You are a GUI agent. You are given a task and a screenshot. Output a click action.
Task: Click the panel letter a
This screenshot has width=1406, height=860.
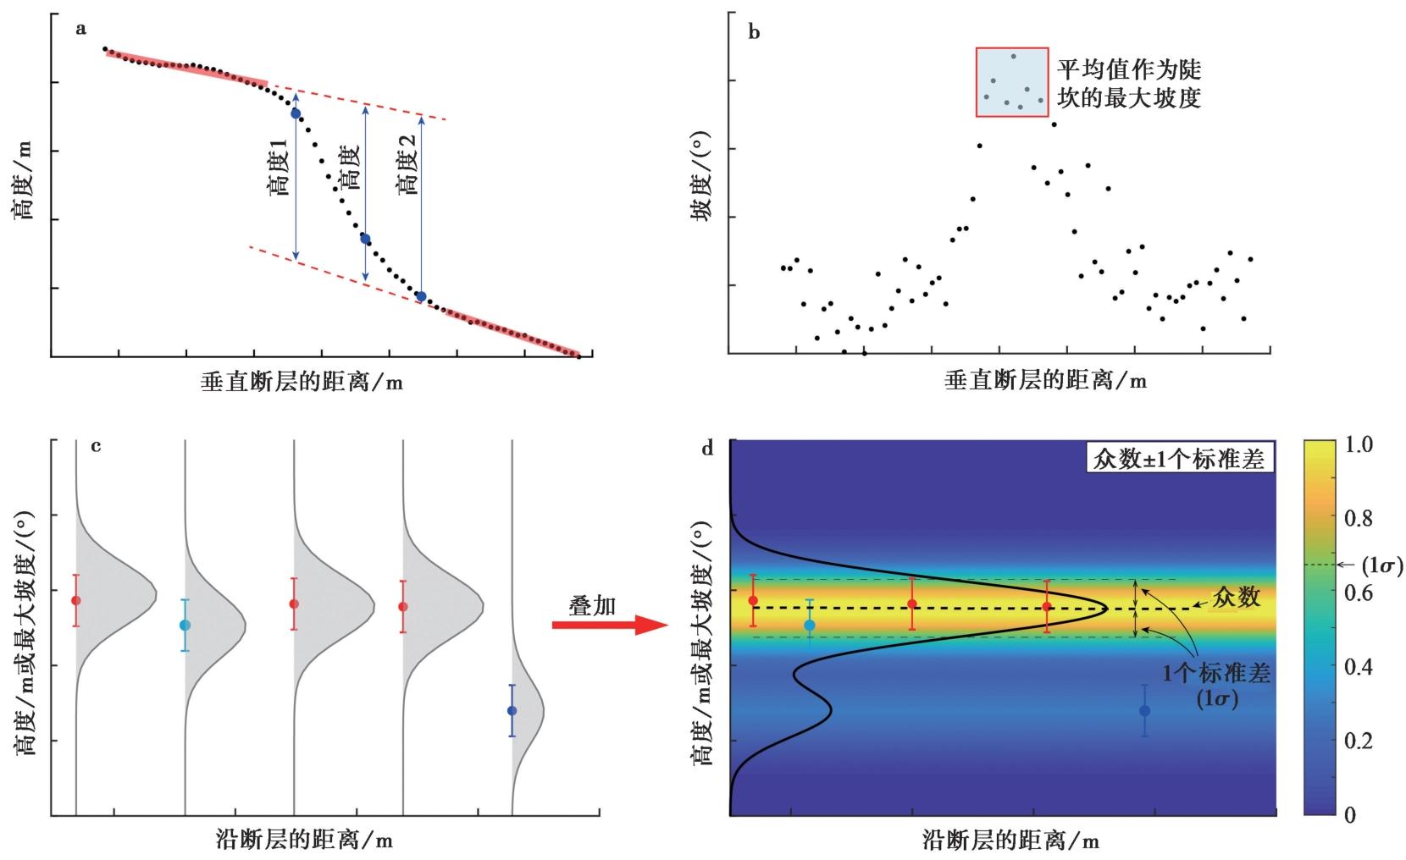coord(81,30)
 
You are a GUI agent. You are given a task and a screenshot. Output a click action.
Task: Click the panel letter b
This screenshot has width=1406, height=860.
coord(755,33)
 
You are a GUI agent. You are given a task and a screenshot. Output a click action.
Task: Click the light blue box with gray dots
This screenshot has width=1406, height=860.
coord(1011,81)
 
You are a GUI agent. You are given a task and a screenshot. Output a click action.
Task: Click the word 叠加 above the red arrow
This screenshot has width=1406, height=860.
coord(592,604)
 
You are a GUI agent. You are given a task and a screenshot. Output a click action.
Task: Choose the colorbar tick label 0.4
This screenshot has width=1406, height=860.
coord(1359,667)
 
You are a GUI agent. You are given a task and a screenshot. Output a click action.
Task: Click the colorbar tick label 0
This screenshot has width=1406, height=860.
coord(1350,814)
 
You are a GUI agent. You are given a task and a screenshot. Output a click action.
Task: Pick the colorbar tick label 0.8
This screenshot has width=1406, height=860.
coord(1359,518)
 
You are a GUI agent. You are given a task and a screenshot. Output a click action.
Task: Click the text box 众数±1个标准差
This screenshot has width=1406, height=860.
coord(1176,460)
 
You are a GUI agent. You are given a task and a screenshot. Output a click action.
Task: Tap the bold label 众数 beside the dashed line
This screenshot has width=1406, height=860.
coord(1237,598)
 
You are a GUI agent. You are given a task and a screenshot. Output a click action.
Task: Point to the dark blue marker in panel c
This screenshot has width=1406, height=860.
coord(512,710)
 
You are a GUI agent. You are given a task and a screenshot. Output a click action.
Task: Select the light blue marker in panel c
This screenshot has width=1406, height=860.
coord(185,625)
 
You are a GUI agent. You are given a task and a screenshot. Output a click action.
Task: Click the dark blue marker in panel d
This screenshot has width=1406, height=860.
coord(1144,710)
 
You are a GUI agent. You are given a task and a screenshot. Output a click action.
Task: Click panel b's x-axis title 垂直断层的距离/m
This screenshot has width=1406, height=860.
coord(1045,381)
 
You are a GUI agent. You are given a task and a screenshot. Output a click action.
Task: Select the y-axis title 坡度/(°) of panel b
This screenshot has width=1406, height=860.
coord(701,190)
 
